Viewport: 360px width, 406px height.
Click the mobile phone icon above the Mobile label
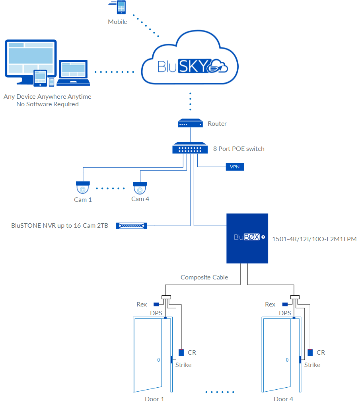click(121, 8)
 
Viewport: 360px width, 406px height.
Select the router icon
click(190, 123)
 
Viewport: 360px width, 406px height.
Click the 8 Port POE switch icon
click(190, 148)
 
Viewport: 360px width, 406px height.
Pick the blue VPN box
click(235, 167)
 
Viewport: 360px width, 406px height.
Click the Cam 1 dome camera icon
click(83, 188)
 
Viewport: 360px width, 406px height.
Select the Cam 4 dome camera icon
click(140, 188)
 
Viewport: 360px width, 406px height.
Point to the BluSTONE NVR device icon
click(131, 226)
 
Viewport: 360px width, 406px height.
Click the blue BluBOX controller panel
click(247, 238)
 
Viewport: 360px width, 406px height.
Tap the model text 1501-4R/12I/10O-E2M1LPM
click(314, 239)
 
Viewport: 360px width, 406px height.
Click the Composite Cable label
click(204, 277)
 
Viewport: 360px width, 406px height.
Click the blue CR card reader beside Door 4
click(310, 353)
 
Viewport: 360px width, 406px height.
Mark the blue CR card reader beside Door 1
click(181, 353)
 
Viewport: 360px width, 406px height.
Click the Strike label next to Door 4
click(312, 365)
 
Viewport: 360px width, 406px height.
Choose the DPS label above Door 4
click(285, 313)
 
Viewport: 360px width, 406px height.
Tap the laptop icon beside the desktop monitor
click(73, 73)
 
